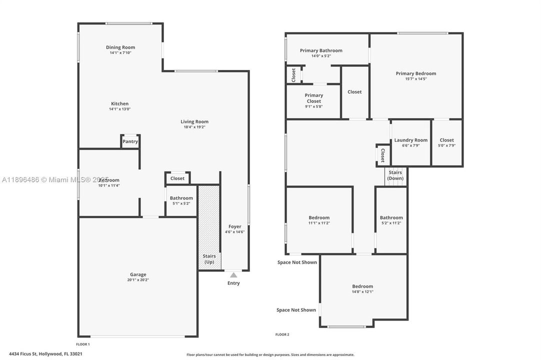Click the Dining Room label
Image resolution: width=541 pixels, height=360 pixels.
tap(120, 47)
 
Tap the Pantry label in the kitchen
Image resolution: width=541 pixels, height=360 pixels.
tap(130, 141)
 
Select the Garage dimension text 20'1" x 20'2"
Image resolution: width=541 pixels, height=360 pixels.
tap(138, 280)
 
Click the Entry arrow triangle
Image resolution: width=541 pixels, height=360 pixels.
tap(233, 274)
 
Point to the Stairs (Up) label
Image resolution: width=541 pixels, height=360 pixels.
tap(209, 259)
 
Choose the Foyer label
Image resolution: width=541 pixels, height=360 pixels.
tap(234, 226)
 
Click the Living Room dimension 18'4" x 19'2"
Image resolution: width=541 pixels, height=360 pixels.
tap(194, 127)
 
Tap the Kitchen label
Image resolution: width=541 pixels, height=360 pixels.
tap(120, 103)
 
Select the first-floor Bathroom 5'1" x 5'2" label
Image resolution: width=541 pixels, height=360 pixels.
tap(181, 198)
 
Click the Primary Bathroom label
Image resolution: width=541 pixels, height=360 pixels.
tap(321, 50)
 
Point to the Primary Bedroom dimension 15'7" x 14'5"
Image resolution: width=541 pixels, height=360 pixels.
tap(415, 79)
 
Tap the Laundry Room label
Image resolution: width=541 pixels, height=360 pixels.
tap(411, 140)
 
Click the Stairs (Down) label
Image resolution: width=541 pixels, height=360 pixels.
tap(395, 175)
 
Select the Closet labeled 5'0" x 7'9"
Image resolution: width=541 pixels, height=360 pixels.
tap(446, 140)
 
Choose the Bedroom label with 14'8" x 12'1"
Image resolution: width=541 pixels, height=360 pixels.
tap(362, 286)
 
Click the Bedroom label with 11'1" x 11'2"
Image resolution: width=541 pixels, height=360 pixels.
tap(319, 217)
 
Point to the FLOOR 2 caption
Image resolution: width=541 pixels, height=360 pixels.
tap(282, 334)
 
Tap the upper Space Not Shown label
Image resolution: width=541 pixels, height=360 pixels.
tap(297, 262)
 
